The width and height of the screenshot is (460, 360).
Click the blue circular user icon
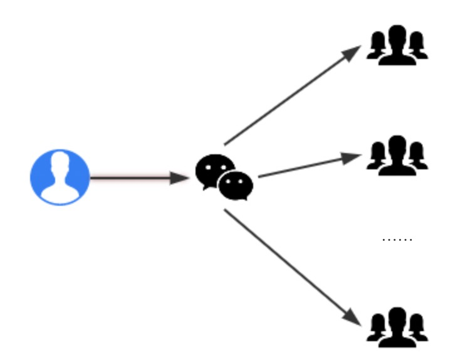[60, 177]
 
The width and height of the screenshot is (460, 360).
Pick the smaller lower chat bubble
[236, 186]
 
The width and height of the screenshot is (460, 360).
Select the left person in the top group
[377, 47]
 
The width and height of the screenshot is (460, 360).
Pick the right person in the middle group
[417, 157]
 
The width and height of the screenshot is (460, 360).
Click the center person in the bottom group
[397, 327]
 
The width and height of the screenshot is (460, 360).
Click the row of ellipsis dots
[397, 239]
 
